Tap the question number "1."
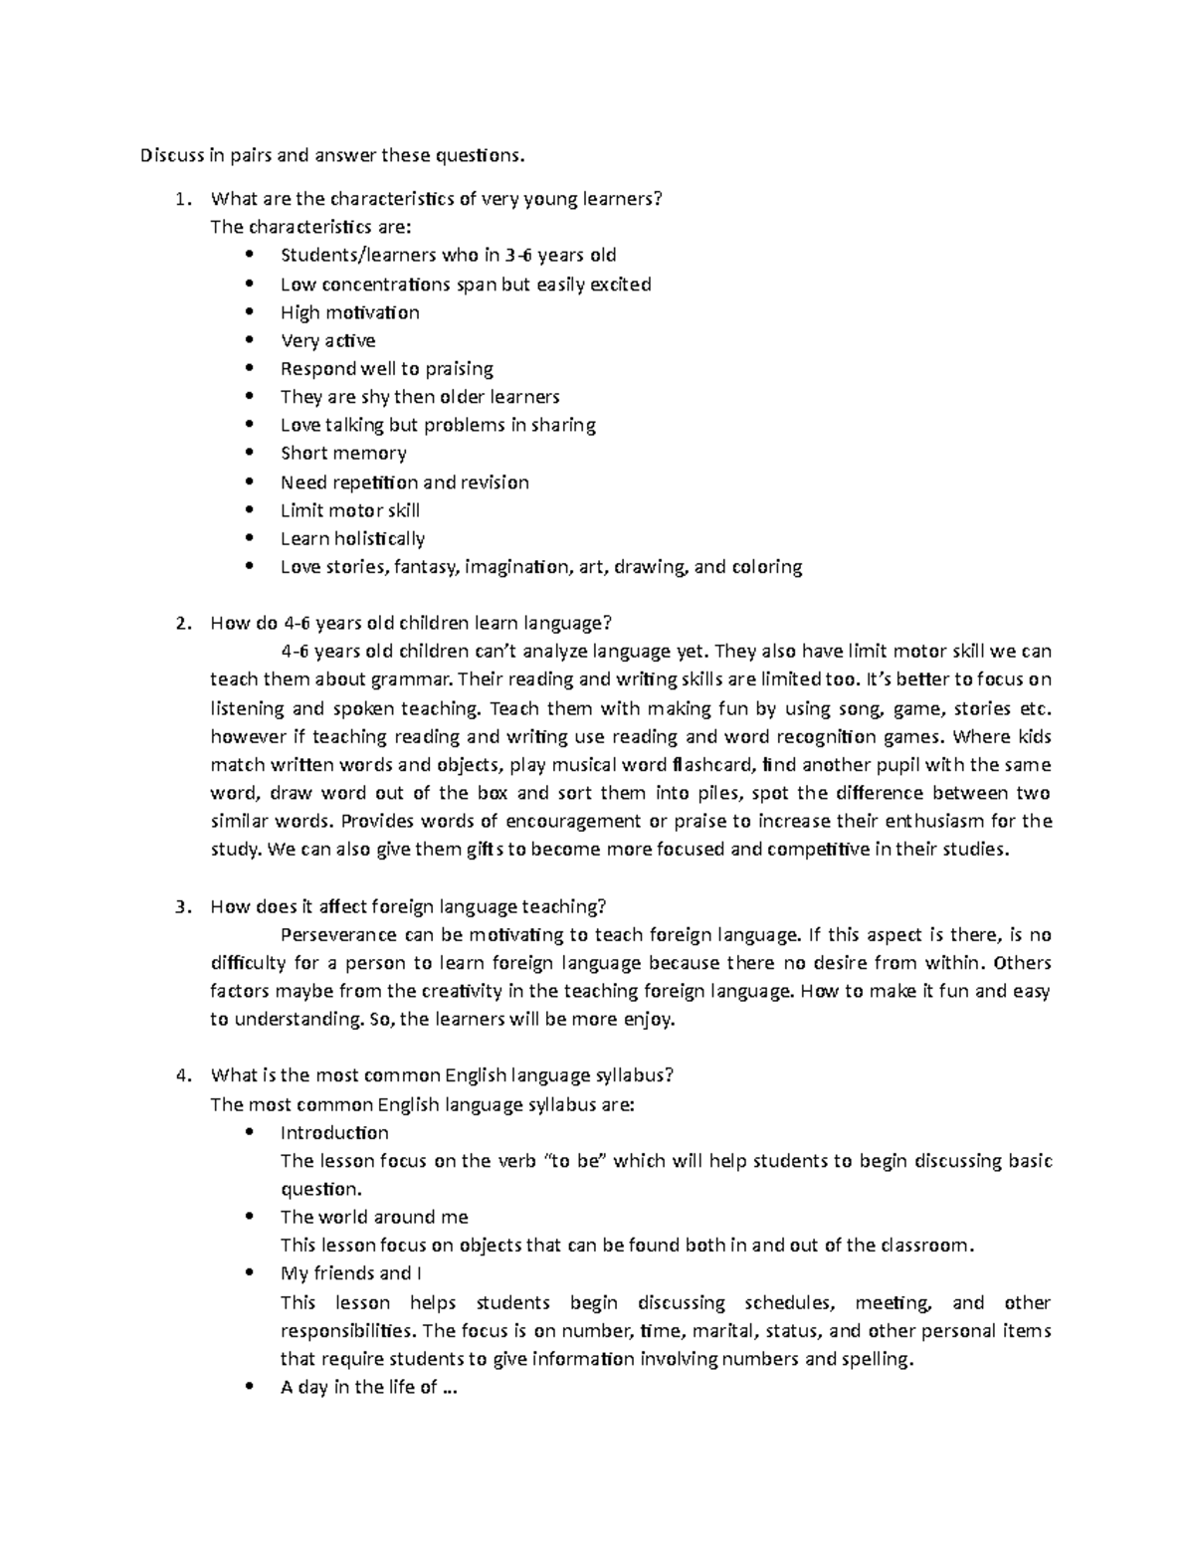tap(181, 198)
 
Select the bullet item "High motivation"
tap(349, 312)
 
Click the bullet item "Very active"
tap(327, 340)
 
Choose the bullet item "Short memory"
tap(343, 454)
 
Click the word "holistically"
tap(379, 539)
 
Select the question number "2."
tap(181, 624)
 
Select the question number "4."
tap(181, 1075)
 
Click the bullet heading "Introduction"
tap(334, 1132)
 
